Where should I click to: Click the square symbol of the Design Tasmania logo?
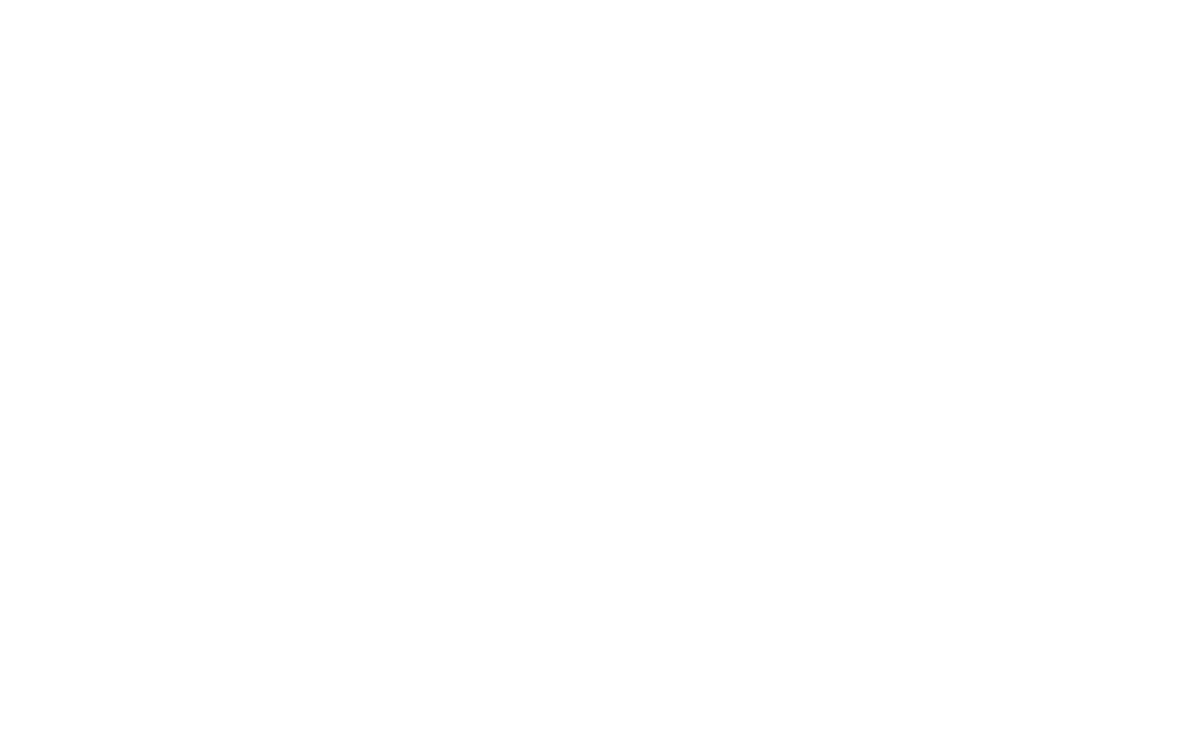704,250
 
